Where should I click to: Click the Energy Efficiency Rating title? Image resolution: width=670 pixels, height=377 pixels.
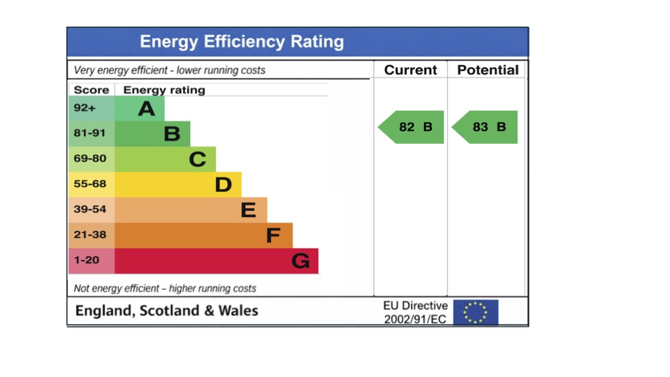coord(242,42)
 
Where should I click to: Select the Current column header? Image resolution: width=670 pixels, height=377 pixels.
coord(410,70)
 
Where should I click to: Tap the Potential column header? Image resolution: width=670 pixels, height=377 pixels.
coord(488,70)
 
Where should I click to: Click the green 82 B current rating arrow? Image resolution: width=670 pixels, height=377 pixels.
coord(412,127)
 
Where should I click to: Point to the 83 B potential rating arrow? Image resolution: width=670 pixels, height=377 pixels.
coord(486,127)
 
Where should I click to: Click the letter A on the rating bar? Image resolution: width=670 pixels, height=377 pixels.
coord(146,108)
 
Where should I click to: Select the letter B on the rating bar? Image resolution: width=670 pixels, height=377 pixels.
coord(172,133)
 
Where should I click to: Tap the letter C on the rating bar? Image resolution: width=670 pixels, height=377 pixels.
coord(198,159)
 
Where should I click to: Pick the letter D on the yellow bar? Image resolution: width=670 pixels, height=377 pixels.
coord(223,184)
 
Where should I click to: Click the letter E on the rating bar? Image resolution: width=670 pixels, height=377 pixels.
coord(248,210)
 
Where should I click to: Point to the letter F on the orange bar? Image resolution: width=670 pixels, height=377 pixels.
coord(273,235)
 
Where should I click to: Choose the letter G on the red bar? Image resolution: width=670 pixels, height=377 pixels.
coord(300,261)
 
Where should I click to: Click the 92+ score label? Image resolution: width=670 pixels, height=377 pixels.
coord(85,108)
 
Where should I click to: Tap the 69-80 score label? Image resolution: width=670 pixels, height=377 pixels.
coord(90,158)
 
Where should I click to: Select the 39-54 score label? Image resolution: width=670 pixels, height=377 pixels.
coord(90,209)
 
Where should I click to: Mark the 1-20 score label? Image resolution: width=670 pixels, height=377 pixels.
coord(87,260)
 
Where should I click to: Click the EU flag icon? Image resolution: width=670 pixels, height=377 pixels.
coord(476,312)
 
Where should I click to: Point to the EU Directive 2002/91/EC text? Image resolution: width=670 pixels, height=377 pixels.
coord(415,312)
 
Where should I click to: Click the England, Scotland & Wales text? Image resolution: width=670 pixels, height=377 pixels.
coord(166,311)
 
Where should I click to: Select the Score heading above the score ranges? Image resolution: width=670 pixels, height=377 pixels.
coord(92,89)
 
